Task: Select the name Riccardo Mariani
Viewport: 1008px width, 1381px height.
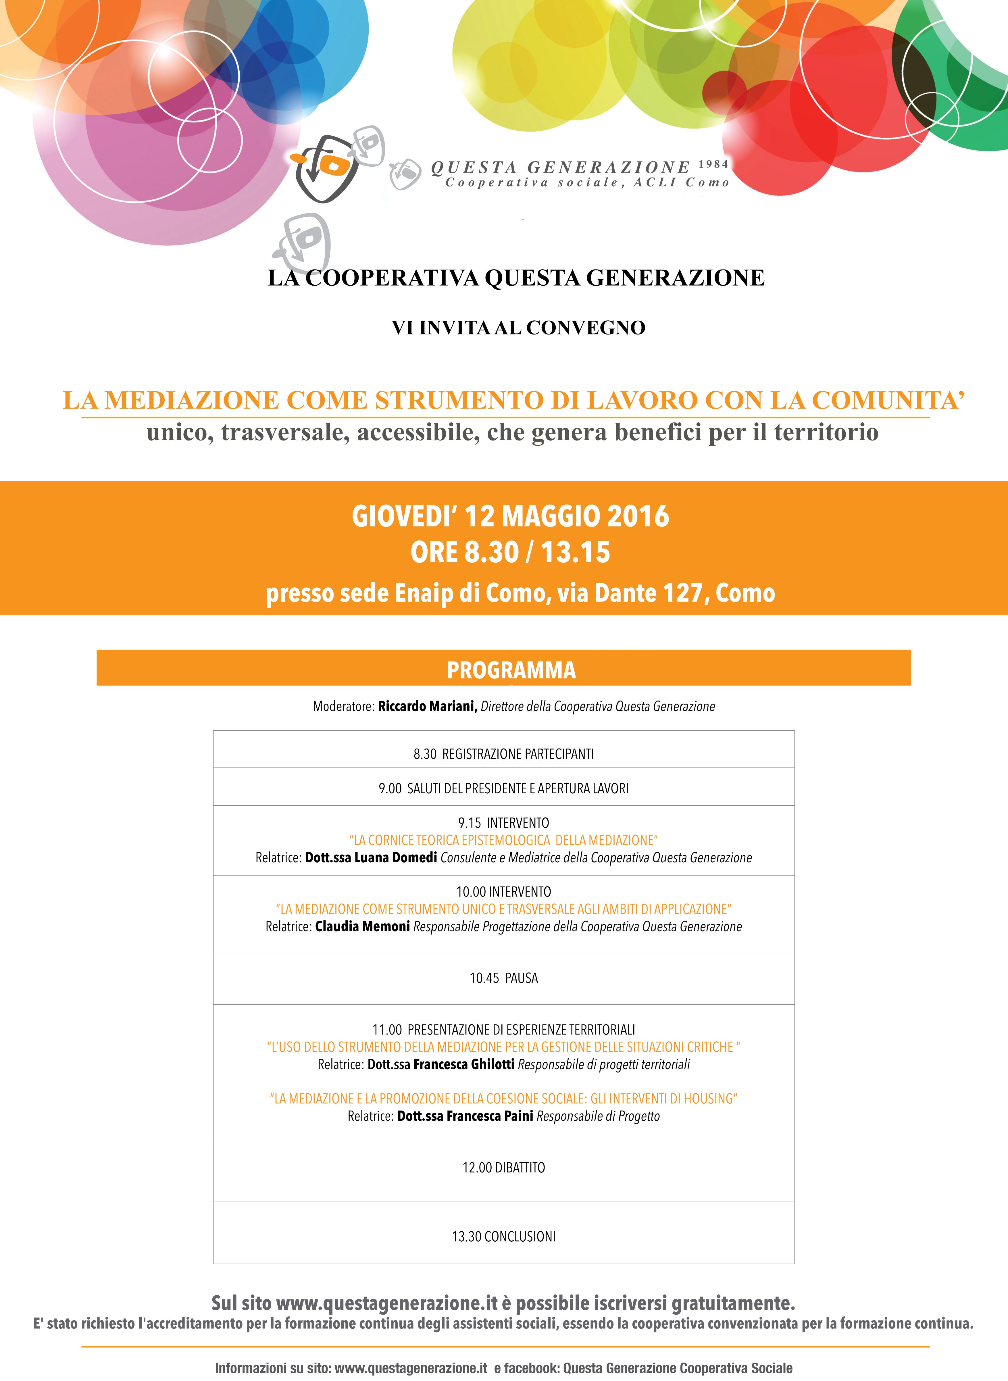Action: tap(427, 706)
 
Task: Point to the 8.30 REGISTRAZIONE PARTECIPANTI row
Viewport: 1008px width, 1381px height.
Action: tap(503, 754)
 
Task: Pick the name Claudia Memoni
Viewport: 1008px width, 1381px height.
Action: tap(362, 926)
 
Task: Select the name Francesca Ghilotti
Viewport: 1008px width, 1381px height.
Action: tap(464, 1064)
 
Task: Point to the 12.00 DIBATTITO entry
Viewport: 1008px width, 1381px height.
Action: tap(503, 1167)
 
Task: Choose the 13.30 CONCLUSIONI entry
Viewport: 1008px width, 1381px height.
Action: tap(503, 1236)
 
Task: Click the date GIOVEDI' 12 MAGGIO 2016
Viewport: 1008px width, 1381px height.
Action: tap(510, 516)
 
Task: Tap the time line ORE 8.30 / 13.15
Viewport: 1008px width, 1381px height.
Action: tap(510, 552)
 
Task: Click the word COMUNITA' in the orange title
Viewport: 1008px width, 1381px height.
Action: tap(888, 400)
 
